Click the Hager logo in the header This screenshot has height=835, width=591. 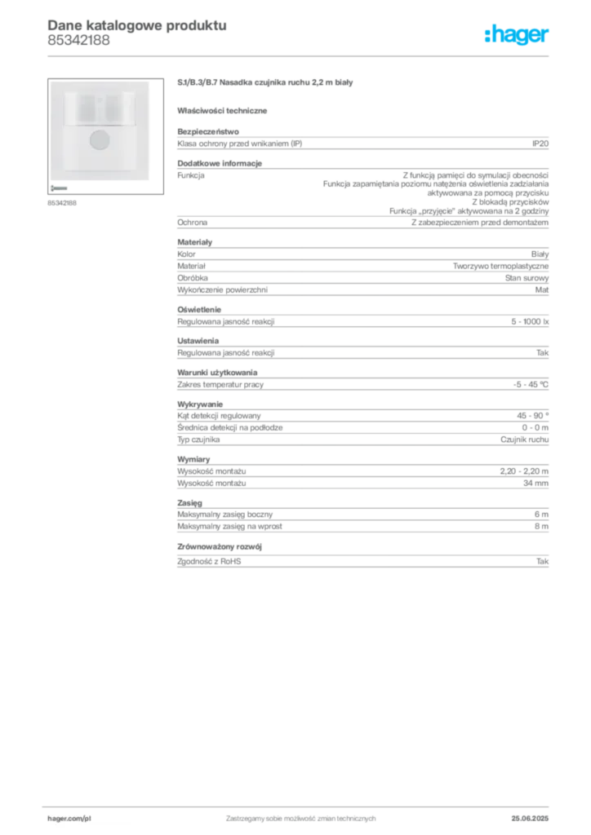coord(517,35)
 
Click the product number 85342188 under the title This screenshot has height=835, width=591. coord(79,40)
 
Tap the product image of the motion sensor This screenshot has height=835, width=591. coord(105,136)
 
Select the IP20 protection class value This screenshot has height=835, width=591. coord(540,144)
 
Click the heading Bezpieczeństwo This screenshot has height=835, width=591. coord(208,131)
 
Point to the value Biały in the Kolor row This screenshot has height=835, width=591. coord(540,254)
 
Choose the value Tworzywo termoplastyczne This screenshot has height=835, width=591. coord(500,267)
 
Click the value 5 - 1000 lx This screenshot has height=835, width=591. coord(530,321)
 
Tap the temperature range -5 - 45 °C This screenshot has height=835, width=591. coord(531,385)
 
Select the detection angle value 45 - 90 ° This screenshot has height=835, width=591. coord(532,416)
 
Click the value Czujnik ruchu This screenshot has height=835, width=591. coord(524,440)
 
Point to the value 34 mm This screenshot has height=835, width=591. coord(535,484)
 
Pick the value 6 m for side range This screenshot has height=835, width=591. coord(541,515)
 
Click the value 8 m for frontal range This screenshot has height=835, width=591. coord(541,526)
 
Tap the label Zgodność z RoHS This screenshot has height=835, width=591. coord(209,561)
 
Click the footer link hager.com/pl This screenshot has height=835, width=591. coord(69,819)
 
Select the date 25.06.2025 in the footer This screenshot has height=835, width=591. coord(530,819)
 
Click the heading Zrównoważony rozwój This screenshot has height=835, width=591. coord(220,547)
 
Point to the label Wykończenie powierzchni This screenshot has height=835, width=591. coord(222,290)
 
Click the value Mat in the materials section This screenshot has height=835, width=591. coord(542,290)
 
